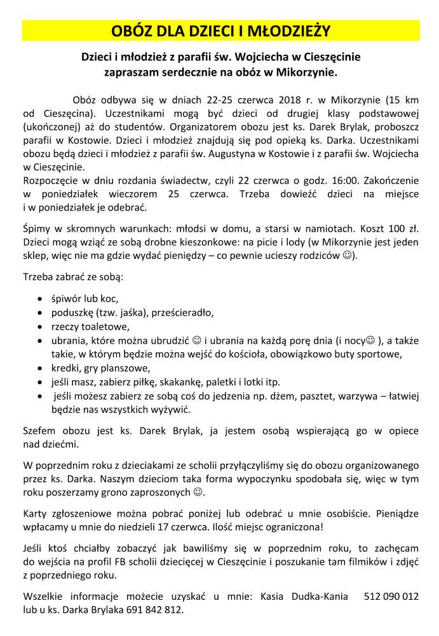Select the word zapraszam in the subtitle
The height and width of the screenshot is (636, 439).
pyautogui.click(x=130, y=73)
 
